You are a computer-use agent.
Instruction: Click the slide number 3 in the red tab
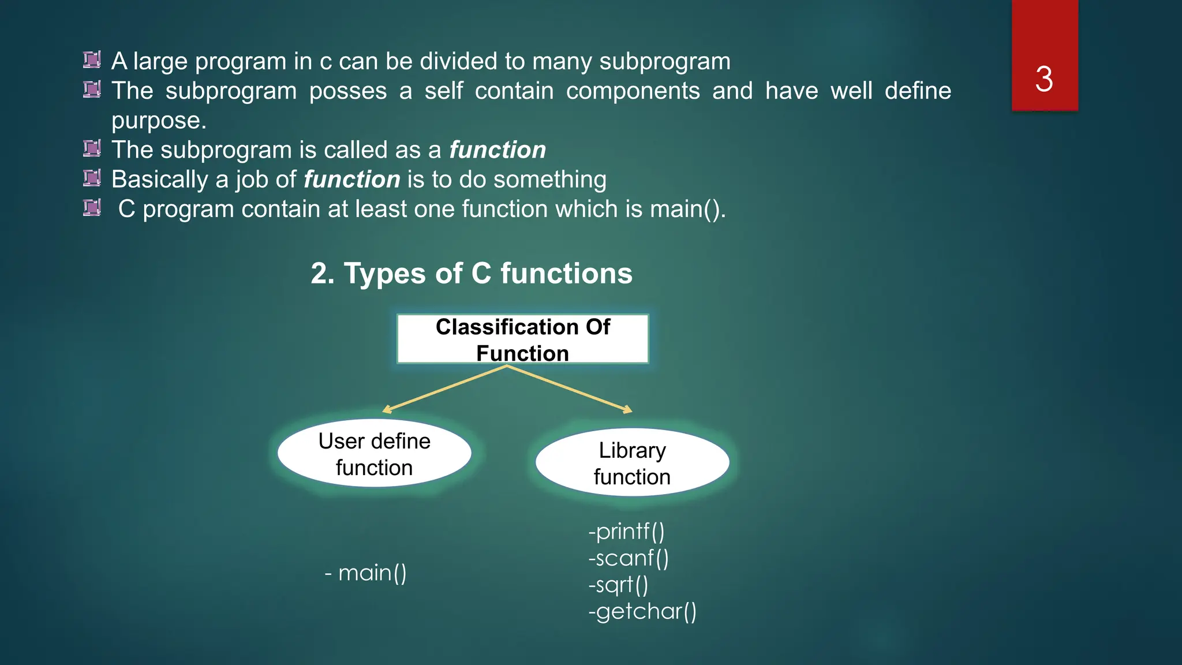click(x=1044, y=79)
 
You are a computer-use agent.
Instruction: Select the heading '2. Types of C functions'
click(x=472, y=273)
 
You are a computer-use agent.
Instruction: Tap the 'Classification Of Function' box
click(x=522, y=339)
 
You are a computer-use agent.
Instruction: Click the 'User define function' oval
click(x=374, y=454)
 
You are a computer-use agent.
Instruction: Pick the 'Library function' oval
click(x=632, y=463)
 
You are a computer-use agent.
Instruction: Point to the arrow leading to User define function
click(x=444, y=389)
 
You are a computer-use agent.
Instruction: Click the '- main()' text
click(x=366, y=573)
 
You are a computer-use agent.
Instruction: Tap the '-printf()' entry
click(x=626, y=531)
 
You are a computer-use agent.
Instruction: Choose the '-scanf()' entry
click(x=629, y=558)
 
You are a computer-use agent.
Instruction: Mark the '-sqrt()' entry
click(x=618, y=585)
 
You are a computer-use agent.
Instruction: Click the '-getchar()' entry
click(x=642, y=611)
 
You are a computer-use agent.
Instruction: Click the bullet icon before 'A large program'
click(x=92, y=59)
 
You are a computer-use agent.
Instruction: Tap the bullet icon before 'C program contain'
click(x=92, y=207)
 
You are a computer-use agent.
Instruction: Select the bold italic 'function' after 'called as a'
click(x=498, y=150)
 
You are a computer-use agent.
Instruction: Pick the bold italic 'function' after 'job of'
click(x=351, y=180)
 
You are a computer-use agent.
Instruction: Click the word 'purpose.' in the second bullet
click(x=159, y=121)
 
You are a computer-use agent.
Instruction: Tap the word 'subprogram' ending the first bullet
click(x=665, y=62)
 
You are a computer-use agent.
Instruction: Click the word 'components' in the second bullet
click(x=633, y=91)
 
